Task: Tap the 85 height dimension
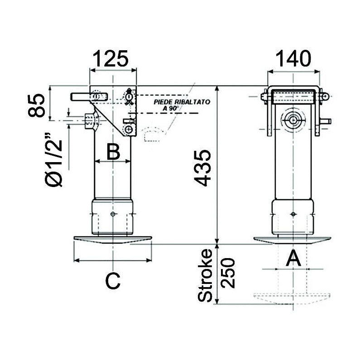(39, 106)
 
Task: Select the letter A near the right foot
(293, 259)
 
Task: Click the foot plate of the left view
(112, 239)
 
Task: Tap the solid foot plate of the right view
(293, 239)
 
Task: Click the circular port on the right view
(293, 120)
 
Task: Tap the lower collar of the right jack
(293, 216)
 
